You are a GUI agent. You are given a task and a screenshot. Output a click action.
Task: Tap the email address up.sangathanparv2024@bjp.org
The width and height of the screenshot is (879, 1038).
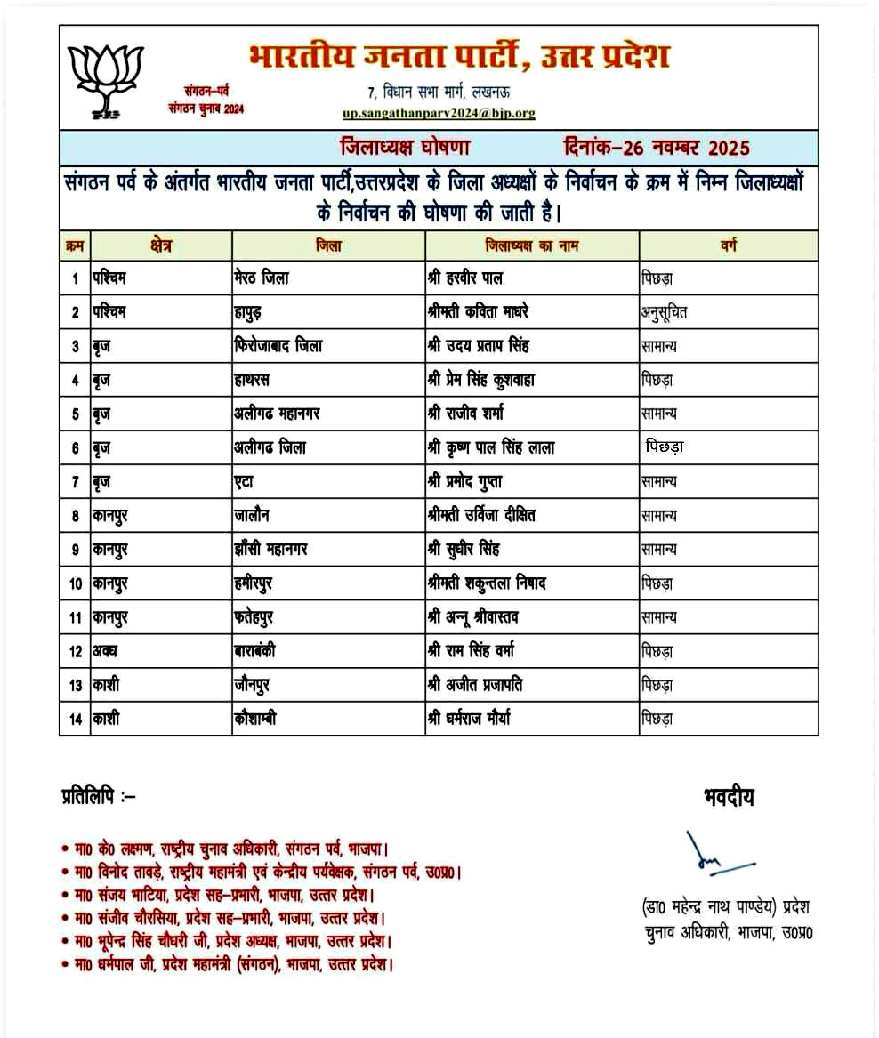439,113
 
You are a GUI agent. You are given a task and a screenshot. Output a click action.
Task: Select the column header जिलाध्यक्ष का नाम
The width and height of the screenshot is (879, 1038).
531,245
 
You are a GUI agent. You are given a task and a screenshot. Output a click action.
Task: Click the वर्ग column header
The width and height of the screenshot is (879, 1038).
728,245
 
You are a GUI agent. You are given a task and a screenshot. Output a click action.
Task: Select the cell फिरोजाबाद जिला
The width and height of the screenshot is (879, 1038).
278,346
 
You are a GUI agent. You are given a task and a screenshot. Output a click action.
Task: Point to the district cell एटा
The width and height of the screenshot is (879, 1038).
245,481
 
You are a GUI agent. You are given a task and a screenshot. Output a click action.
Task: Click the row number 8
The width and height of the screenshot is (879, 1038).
75,515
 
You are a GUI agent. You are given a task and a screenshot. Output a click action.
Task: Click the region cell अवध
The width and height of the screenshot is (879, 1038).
106,651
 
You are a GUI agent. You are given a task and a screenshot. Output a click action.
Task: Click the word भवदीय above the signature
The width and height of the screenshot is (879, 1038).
728,797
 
